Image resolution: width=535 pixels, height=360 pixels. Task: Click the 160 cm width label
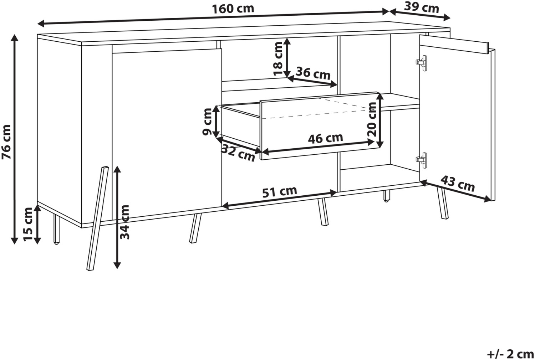coord(233,9)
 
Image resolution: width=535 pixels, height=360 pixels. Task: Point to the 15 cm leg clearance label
coord(28,225)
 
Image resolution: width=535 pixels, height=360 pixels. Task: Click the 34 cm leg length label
coord(124,222)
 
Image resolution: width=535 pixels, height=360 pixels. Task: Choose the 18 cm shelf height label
coord(278,59)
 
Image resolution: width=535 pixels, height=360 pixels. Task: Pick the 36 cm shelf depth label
coord(313,73)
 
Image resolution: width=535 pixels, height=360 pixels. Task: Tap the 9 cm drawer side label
coord(207,122)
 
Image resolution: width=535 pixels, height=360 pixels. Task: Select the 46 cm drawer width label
coord(326,138)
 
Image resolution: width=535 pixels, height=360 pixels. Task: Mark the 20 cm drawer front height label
coord(372,119)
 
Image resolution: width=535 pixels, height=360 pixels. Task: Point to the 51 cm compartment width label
coord(280,191)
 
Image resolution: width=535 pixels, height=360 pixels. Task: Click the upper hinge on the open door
coord(422,63)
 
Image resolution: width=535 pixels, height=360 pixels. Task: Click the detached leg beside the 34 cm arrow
coord(97,218)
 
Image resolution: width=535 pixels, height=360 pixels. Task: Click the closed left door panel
coord(167,134)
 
